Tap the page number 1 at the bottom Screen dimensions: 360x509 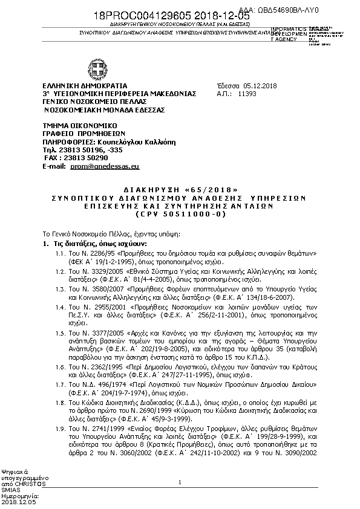point(180,482)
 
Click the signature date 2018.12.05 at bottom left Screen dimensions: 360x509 point(19,502)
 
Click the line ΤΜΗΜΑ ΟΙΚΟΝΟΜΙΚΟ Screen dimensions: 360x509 point(76,125)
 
